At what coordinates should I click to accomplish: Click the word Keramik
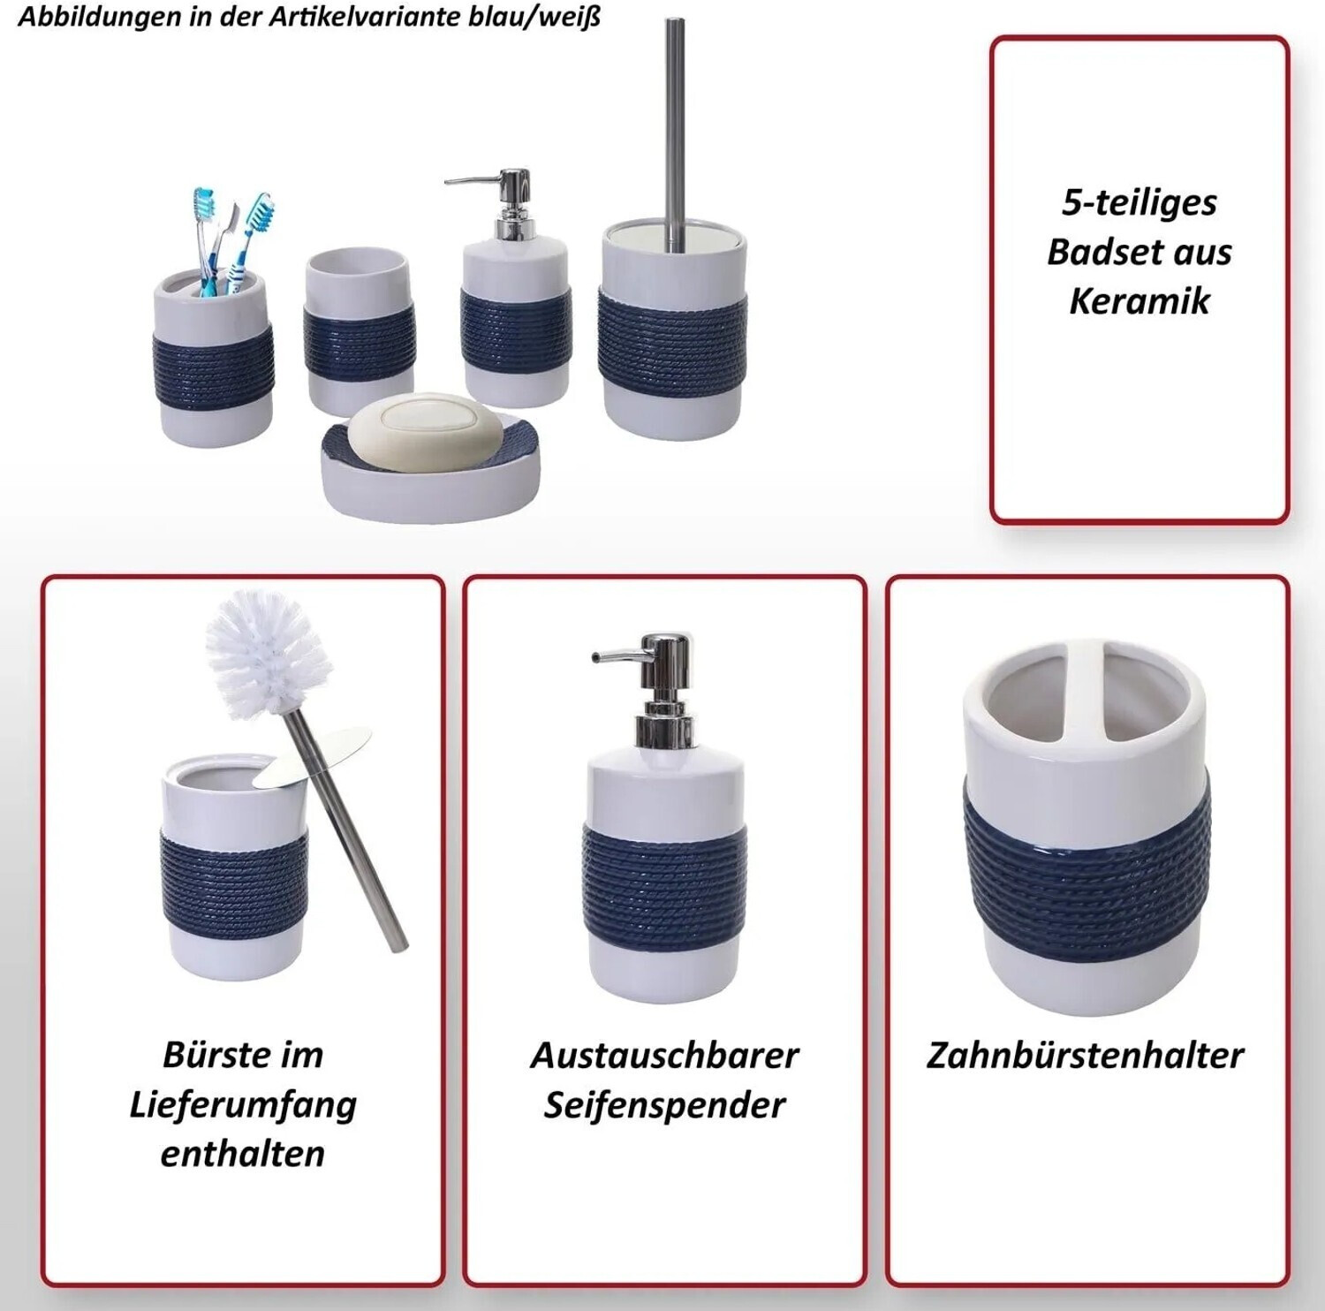point(1139,301)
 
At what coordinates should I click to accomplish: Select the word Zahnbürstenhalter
point(1085,1055)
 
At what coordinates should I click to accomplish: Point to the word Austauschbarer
point(664,1055)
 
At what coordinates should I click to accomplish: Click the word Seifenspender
point(664,1105)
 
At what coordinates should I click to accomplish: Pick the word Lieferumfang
point(243,1105)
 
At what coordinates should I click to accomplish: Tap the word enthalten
point(243,1154)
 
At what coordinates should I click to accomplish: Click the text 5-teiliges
point(1139,203)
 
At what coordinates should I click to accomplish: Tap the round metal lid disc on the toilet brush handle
point(312,756)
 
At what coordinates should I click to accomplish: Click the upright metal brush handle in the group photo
point(675,133)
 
